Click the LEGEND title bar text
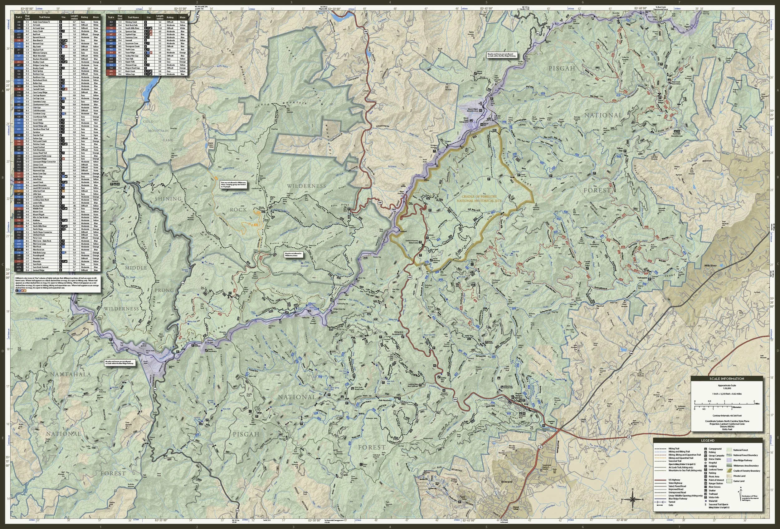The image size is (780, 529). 708,440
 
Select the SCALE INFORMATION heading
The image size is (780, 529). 727,378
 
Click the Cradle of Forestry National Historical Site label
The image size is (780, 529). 479,199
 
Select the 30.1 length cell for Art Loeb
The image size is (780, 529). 74,25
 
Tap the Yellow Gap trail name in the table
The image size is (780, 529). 130,74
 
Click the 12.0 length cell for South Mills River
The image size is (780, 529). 160,28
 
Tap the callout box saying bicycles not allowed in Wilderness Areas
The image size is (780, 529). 293,254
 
